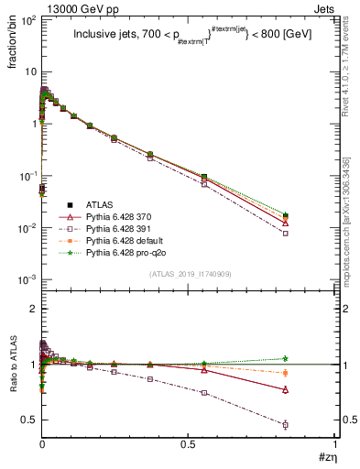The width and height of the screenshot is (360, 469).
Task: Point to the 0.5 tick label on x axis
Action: tap(188, 445)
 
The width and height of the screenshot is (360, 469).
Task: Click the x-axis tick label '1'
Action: tap(335, 445)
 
